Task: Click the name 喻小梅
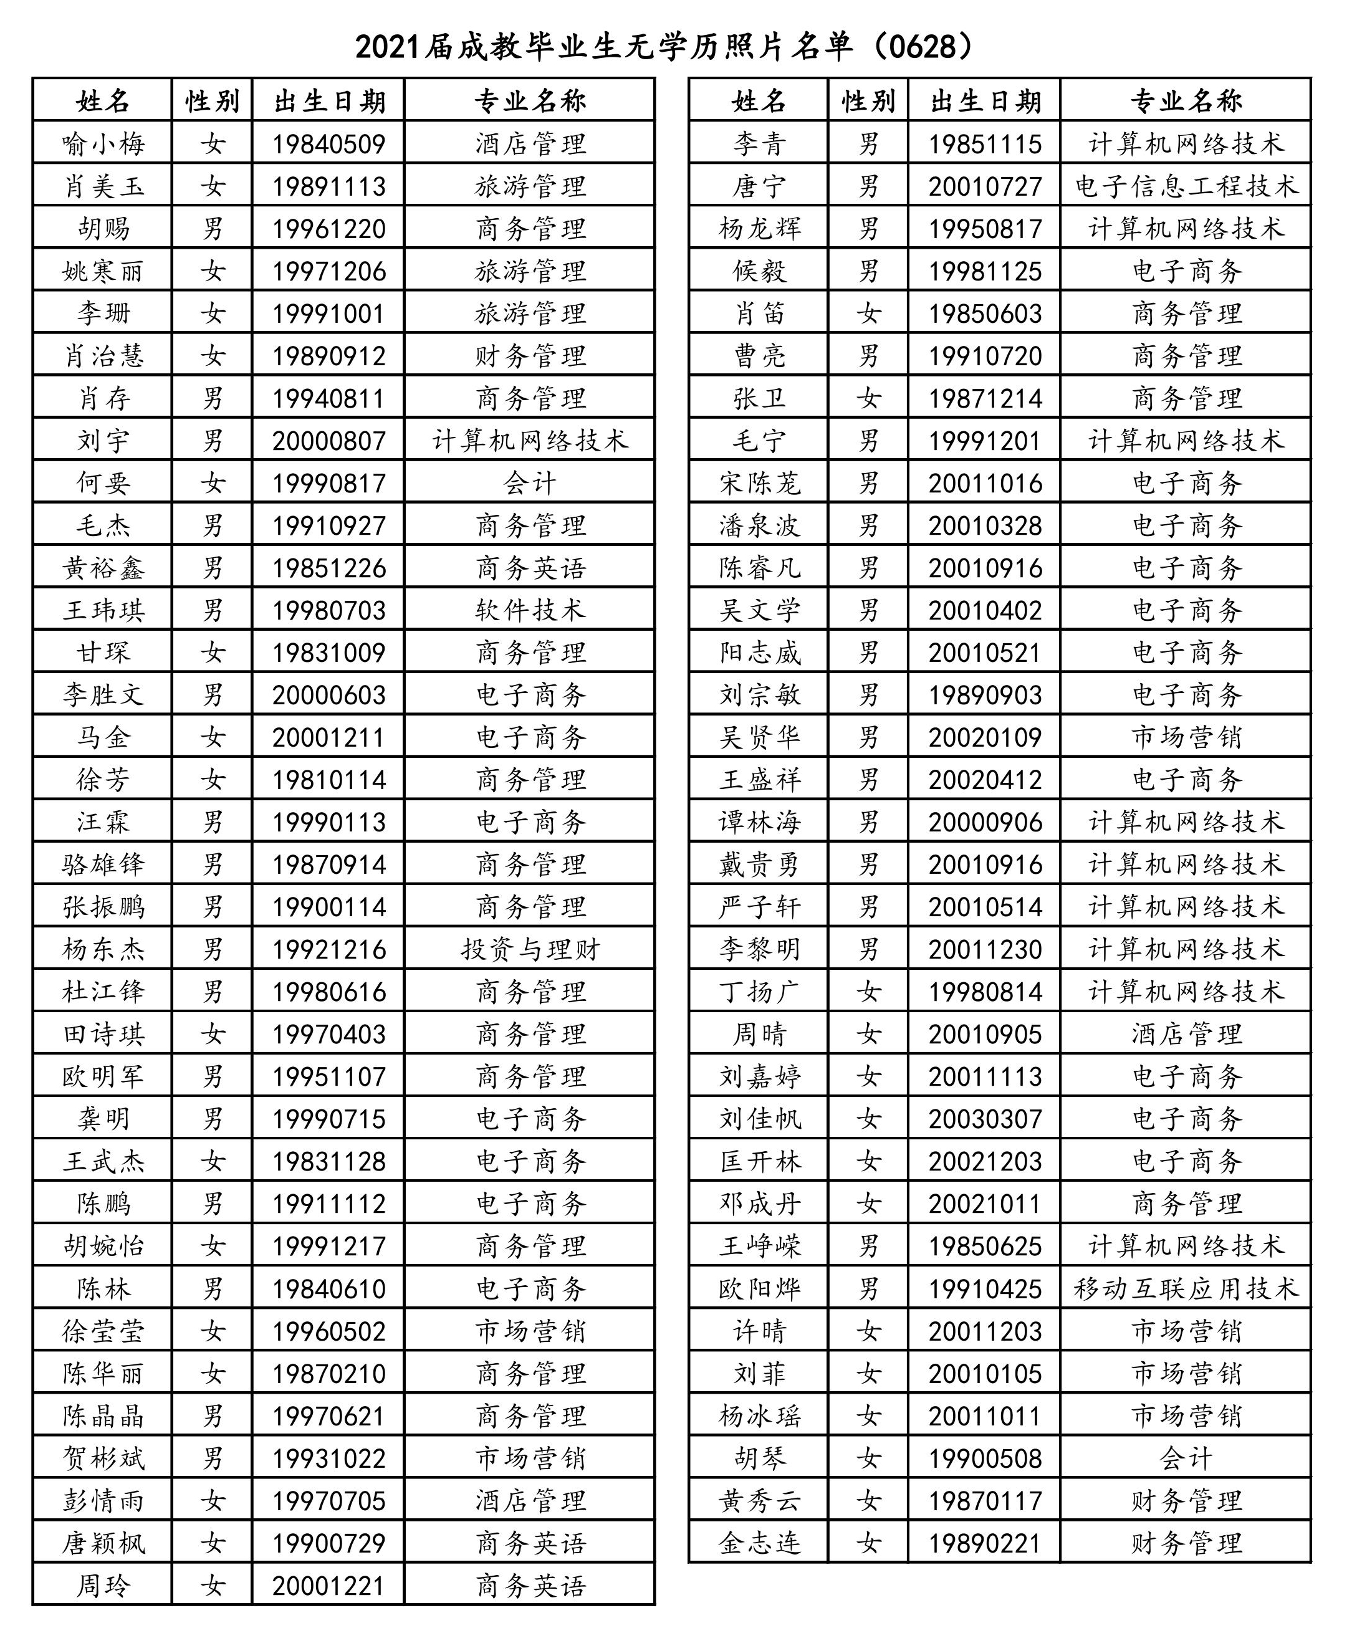[103, 144]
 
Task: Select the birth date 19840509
[328, 144]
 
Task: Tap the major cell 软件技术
[530, 611]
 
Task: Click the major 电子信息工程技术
[1186, 187]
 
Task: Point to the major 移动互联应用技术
[1186, 1289]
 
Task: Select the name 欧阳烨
[759, 1289]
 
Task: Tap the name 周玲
[103, 1586]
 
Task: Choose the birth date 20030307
[985, 1119]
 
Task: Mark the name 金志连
[759, 1543]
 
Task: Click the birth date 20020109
[985, 737]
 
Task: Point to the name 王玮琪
[103, 611]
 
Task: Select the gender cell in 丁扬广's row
[868, 992]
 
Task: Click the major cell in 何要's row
[530, 484]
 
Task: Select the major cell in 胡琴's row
[1186, 1459]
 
